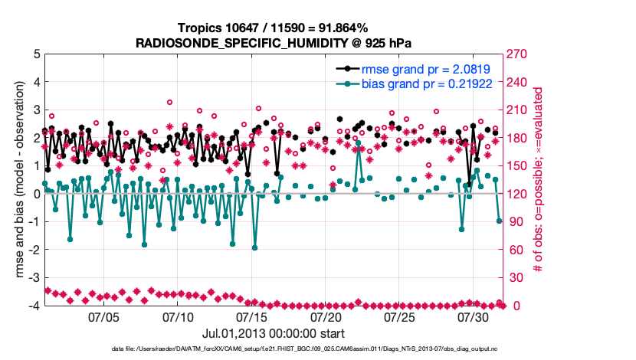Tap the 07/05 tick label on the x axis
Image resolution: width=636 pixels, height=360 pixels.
click(x=104, y=316)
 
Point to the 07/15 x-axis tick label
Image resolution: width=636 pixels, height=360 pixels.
click(x=252, y=316)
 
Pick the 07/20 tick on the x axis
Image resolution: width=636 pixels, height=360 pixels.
click(x=326, y=316)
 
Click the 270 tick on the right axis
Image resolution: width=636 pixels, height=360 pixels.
click(x=518, y=54)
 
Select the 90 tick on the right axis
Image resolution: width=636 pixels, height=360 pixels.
click(x=516, y=222)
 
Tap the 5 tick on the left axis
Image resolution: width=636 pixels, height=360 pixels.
click(x=36, y=54)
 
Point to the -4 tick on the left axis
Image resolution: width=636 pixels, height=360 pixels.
click(x=34, y=306)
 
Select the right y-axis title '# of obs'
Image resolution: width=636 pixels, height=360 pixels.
click(x=538, y=180)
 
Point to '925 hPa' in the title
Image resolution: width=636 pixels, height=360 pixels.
click(x=372, y=42)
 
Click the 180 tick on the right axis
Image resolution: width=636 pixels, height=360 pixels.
click(x=518, y=138)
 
